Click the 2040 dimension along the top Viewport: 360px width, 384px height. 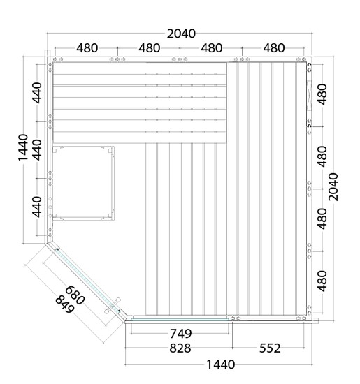181,34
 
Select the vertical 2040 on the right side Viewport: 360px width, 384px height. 333,187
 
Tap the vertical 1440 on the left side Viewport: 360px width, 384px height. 23,148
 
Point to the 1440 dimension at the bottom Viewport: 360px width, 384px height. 221,364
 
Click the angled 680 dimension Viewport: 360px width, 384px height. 75,295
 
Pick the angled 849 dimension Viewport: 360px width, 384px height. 65,304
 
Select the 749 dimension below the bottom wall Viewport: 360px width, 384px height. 181,333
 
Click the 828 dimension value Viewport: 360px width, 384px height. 180,348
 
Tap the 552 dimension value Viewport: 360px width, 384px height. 270,348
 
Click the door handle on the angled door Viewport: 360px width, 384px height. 113,306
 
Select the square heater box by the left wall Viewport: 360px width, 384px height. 83,183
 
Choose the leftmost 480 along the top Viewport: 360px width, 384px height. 87,48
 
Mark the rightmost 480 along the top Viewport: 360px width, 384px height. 274,48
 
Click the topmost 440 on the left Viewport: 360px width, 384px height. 37,93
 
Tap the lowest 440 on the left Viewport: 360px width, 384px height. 37,207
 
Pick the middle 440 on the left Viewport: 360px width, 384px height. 37,150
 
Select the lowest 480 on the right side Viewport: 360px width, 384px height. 322,281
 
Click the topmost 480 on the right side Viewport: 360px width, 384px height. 322,94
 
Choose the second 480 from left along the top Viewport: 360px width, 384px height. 150,48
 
